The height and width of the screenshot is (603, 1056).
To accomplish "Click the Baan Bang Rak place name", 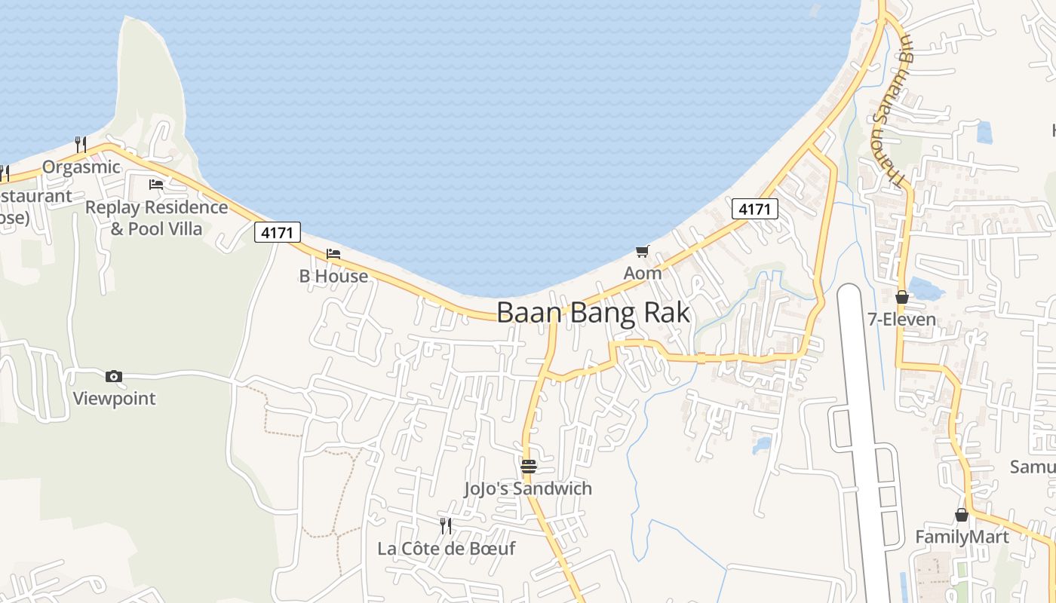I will (593, 312).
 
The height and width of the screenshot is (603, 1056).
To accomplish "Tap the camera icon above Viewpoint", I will (114, 376).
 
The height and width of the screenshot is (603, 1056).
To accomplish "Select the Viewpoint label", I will (114, 398).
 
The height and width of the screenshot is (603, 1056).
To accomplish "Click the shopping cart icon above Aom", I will (642, 251).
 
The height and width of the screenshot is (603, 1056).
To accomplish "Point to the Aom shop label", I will (643, 273).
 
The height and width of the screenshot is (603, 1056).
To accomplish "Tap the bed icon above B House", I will (333, 254).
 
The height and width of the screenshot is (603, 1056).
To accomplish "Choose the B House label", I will (333, 276).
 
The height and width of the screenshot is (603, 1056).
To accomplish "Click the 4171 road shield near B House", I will (278, 232).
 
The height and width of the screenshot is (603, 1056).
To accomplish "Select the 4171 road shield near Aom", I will (754, 209).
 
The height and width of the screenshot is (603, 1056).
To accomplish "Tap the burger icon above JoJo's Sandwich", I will (528, 466).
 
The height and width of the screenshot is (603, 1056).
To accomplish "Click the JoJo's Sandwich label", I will (528, 488).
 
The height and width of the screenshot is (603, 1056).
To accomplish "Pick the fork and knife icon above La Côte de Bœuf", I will (446, 525).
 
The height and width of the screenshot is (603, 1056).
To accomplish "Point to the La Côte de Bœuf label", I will (446, 548).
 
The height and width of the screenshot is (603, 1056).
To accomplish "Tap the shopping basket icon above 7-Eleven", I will (901, 297).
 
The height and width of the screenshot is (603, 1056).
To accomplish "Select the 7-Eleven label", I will (901, 319).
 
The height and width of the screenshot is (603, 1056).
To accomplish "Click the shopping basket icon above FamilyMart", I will (962, 515).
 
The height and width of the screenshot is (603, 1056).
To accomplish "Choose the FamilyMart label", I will (962, 537).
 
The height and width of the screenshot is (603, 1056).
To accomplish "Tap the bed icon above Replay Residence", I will (156, 184).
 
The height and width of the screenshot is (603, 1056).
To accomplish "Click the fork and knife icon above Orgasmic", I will (81, 144).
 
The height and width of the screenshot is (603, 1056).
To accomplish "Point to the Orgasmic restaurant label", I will (81, 167).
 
